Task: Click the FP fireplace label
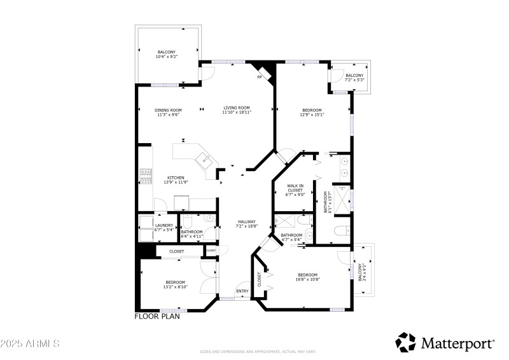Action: click(259, 78)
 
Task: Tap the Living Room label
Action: click(237, 109)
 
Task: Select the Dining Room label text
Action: click(169, 113)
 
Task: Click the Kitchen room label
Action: click(176, 180)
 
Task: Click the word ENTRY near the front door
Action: click(242, 292)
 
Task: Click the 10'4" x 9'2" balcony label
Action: click(167, 54)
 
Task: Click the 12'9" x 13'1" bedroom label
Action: click(312, 113)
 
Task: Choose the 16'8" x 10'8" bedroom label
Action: click(308, 277)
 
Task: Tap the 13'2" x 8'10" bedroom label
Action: click(176, 284)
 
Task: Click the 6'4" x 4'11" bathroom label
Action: click(192, 233)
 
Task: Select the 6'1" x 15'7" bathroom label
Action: click(326, 202)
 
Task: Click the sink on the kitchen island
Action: click(206, 160)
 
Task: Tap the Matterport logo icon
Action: click(405, 342)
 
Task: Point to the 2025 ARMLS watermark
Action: click(30, 344)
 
